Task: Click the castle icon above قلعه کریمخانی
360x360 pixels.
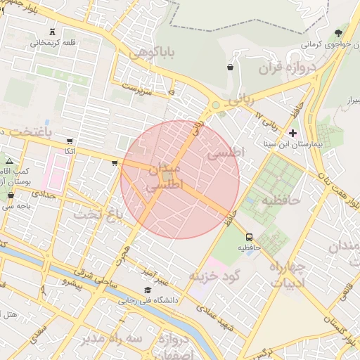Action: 53,31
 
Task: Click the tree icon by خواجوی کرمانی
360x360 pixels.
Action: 339,33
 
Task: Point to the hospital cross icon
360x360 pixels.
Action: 293,132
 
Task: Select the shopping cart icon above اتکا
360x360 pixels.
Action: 69,141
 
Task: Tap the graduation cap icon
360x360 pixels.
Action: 147,290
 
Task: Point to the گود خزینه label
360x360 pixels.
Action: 214,275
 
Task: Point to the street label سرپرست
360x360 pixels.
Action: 137,89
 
